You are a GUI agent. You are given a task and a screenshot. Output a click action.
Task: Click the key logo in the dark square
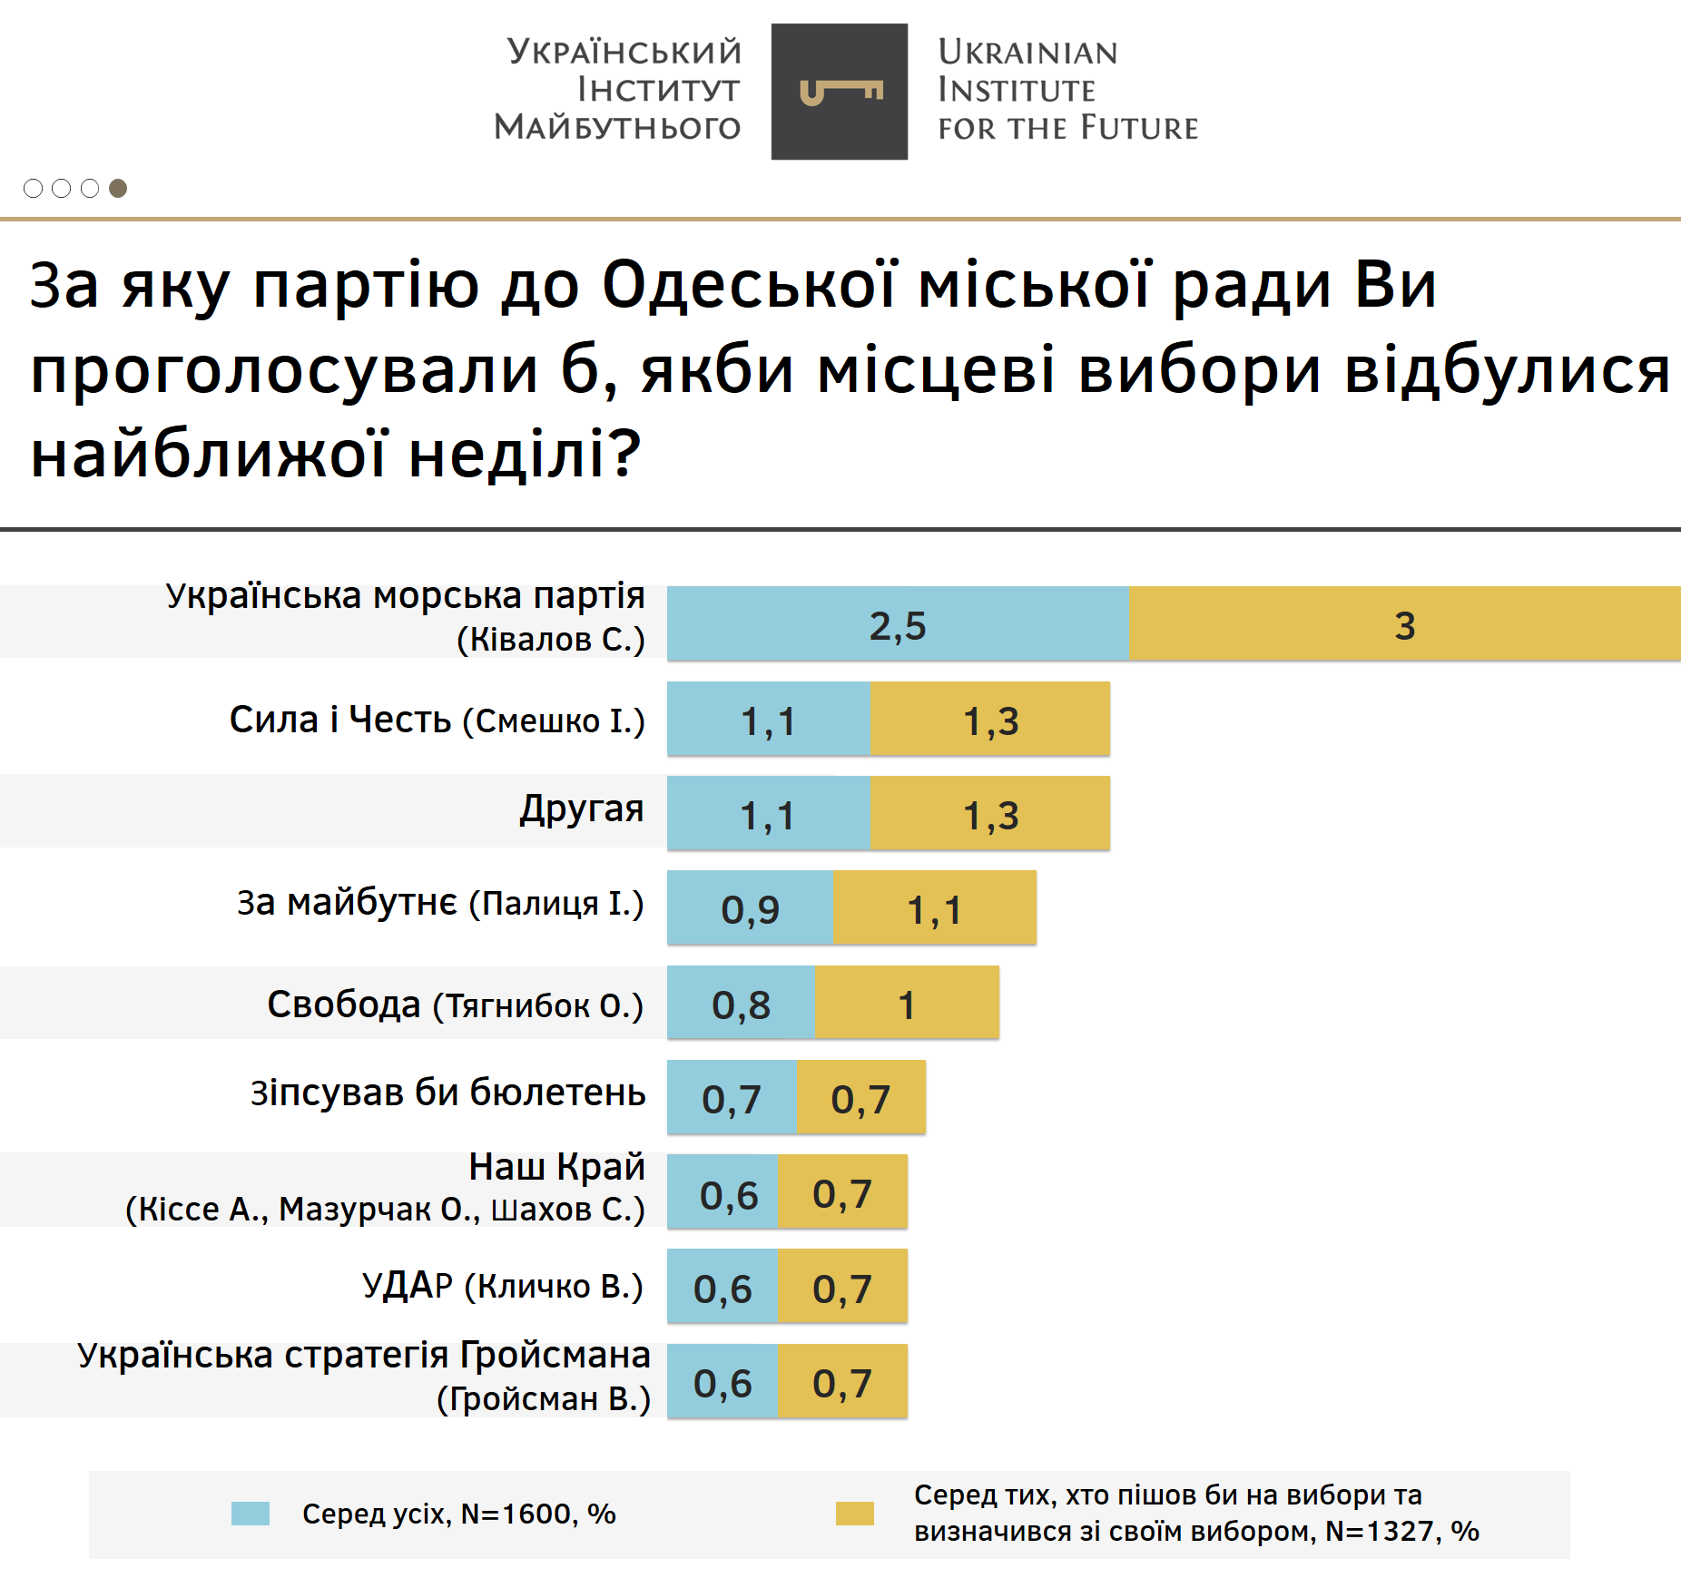(x=840, y=92)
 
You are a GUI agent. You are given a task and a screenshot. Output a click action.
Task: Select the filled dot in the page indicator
(x=118, y=188)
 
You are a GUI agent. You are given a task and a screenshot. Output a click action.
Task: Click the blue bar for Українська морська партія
(x=897, y=623)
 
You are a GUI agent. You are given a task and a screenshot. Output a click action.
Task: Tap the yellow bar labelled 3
(x=1403, y=623)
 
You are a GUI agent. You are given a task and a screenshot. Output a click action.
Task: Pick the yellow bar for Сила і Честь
(x=989, y=719)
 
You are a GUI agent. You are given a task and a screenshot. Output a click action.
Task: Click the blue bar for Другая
(x=768, y=813)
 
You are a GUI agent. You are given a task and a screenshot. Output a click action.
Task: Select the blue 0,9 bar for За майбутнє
(x=750, y=907)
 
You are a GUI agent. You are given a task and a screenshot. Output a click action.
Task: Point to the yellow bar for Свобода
(x=906, y=1003)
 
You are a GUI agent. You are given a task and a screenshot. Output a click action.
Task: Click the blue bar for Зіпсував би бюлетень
(x=732, y=1097)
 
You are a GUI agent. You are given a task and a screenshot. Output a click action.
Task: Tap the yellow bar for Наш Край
(x=842, y=1191)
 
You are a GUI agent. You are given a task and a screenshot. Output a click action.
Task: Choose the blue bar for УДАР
(x=723, y=1286)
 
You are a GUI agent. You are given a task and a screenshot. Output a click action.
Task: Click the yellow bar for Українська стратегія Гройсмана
(x=842, y=1381)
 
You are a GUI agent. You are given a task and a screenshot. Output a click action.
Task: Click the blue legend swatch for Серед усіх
(x=251, y=1514)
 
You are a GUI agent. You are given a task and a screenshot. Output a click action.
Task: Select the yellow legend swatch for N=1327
(x=854, y=1514)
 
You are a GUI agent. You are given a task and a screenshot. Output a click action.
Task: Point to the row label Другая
(x=582, y=809)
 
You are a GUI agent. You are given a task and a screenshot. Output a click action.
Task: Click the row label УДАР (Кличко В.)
(x=502, y=1286)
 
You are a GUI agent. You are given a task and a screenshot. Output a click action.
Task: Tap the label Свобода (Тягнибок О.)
(x=455, y=1005)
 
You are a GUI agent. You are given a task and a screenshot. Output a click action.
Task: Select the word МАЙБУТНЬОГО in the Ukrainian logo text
(x=617, y=127)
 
